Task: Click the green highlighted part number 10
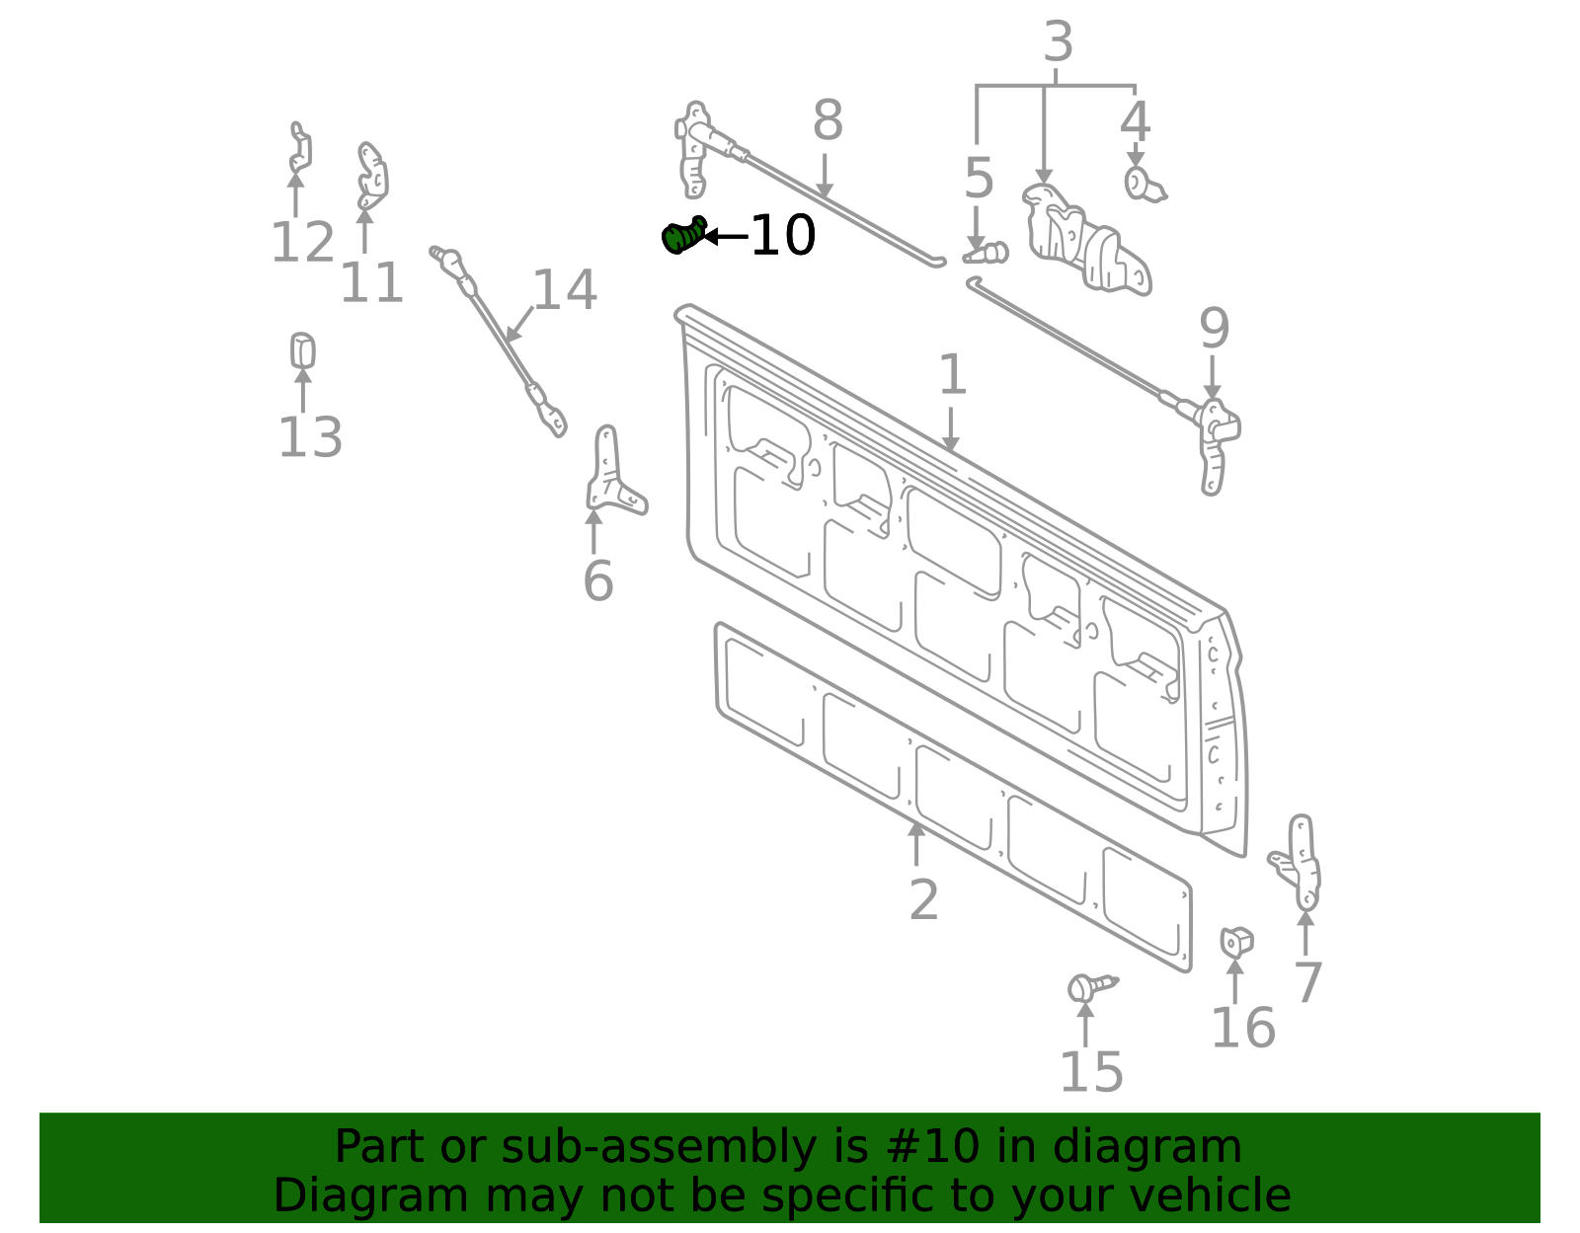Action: (681, 237)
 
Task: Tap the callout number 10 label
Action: (783, 236)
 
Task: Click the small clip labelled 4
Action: (1141, 184)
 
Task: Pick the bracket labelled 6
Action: (612, 474)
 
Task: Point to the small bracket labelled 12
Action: (299, 149)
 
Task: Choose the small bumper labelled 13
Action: (302, 351)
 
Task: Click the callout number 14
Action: (565, 290)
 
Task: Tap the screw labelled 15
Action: (1089, 986)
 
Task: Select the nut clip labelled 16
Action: (1235, 943)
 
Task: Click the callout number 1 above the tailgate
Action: (951, 375)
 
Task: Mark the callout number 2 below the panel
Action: (923, 900)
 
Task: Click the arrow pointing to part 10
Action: (724, 237)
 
